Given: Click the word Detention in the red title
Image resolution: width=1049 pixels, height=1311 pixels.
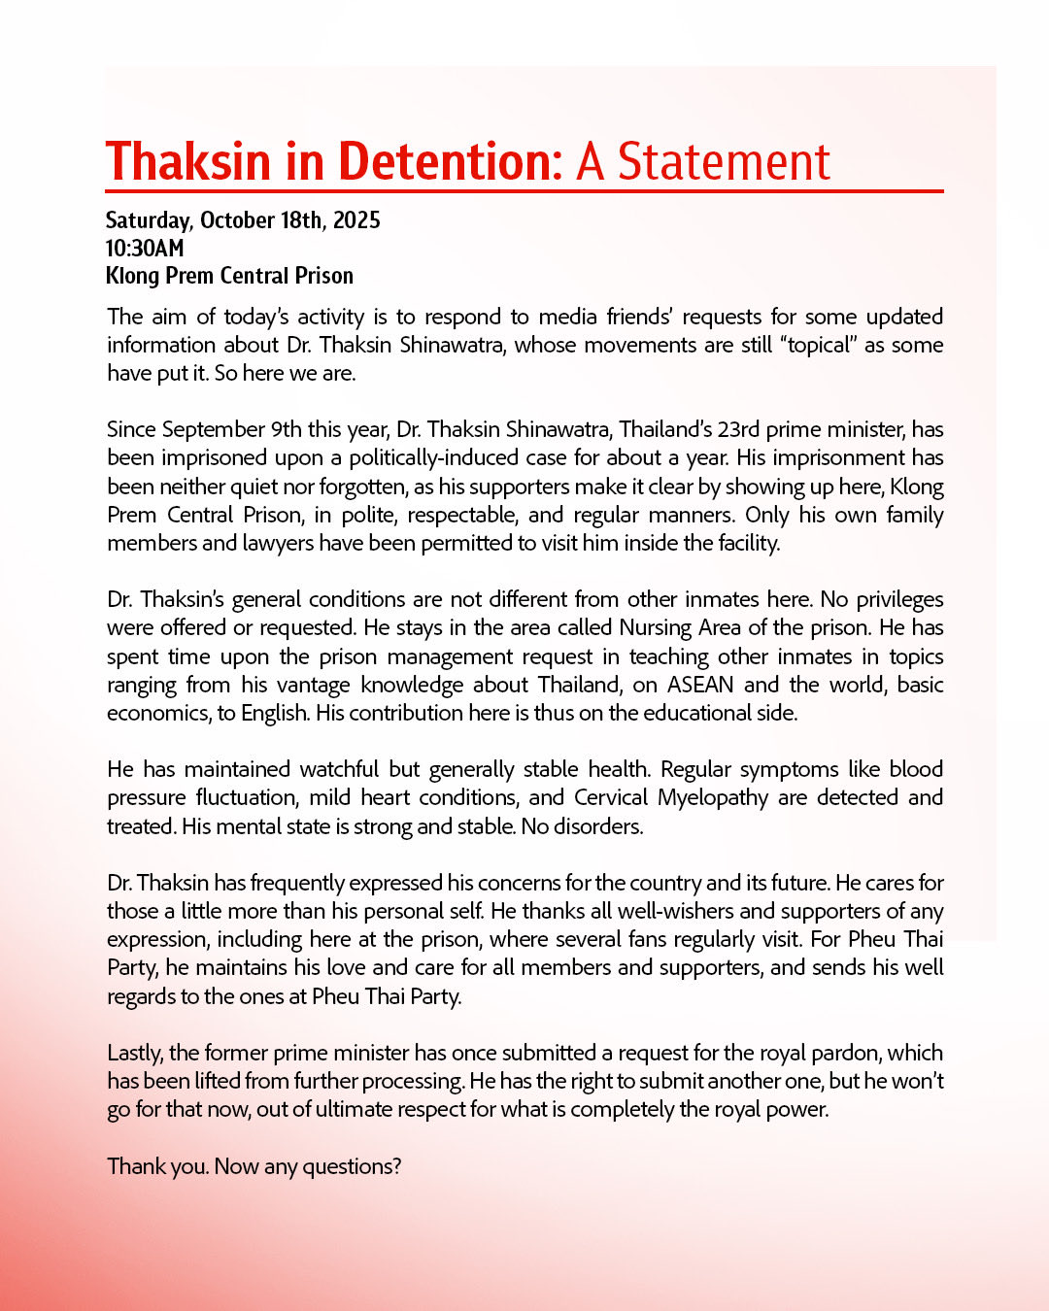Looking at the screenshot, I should tap(450, 161).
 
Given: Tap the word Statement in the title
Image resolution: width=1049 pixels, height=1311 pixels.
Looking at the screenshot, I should tap(724, 161).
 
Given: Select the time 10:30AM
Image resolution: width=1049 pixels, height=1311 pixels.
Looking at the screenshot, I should tap(145, 249).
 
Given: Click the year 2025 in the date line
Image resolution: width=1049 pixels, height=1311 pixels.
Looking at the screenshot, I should tap(356, 220).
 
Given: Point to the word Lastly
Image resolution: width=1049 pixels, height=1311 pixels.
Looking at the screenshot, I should tap(136, 1053).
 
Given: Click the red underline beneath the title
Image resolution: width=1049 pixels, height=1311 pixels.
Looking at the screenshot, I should tap(524, 191).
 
